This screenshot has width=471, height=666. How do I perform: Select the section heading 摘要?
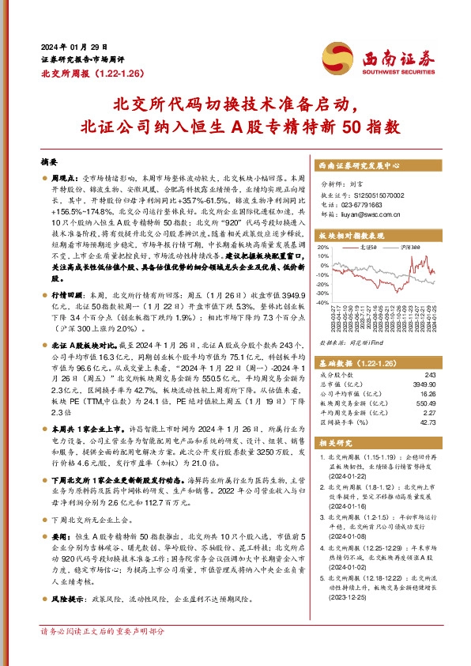pos(49,159)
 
